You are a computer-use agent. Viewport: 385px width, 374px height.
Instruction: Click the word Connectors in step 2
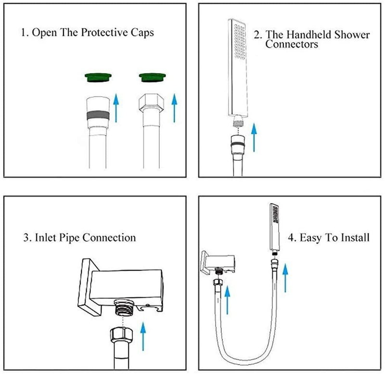click(x=292, y=44)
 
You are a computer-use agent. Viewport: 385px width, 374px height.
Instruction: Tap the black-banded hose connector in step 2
click(x=237, y=143)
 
